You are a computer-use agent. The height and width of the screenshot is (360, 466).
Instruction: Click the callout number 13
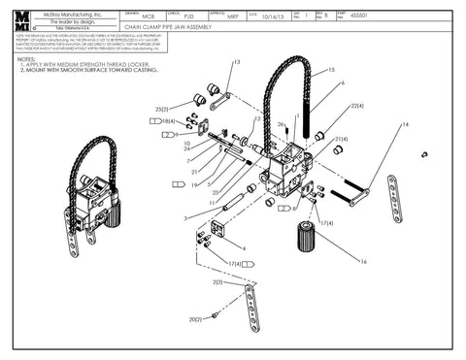236,62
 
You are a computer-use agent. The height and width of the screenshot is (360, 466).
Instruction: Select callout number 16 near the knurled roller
364,261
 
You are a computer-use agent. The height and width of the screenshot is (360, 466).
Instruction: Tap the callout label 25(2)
161,109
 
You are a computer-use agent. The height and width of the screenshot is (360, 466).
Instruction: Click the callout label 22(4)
356,105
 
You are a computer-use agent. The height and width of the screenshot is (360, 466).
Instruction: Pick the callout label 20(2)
193,318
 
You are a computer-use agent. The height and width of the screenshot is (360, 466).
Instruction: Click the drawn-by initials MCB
148,16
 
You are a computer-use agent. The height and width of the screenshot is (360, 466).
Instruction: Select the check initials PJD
189,16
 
